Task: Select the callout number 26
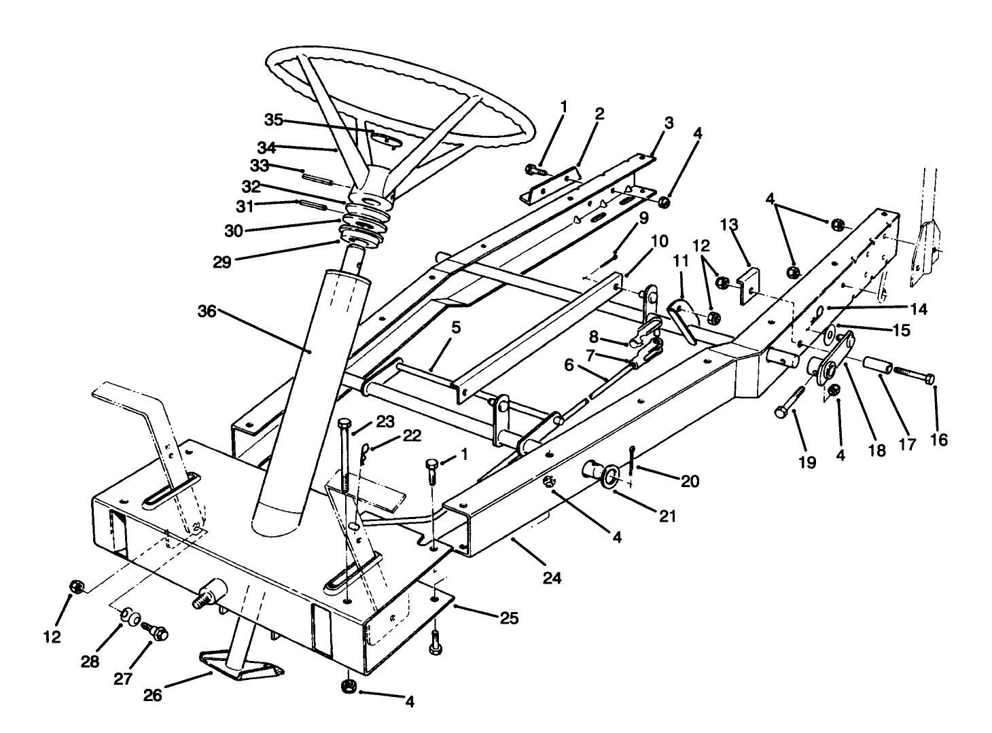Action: point(154,696)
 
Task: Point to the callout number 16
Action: point(938,441)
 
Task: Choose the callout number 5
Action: point(456,327)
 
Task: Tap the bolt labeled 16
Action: point(913,374)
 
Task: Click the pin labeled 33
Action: point(317,179)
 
